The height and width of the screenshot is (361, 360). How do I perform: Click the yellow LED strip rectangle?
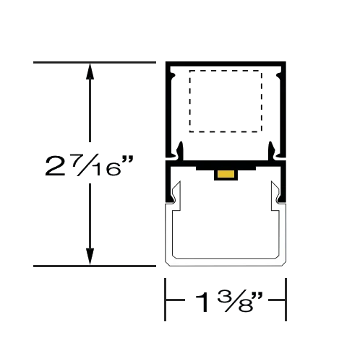[x=226, y=174]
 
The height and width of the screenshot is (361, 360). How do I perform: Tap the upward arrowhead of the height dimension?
[x=90, y=71]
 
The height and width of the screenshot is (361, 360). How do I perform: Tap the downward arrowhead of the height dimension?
[x=90, y=257]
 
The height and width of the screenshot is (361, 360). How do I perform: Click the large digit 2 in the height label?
[x=55, y=166]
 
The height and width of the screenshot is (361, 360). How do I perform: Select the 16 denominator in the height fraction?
[x=107, y=169]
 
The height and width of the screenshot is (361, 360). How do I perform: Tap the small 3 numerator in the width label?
[x=223, y=297]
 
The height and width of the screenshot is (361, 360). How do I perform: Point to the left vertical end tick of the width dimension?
[x=165, y=300]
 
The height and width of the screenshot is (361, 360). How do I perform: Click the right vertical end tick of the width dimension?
[x=286, y=300]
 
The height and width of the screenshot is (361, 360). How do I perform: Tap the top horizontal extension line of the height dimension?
[x=95, y=63]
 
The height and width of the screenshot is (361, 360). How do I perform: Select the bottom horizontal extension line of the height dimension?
[x=95, y=266]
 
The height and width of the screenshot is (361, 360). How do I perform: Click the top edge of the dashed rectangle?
[x=226, y=71]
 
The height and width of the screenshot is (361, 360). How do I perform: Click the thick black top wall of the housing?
[x=226, y=64]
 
